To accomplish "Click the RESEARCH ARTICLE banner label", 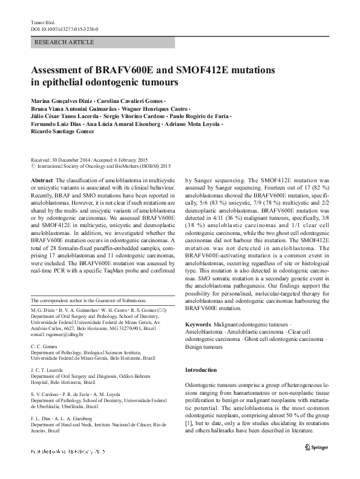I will pyautogui.click(x=65, y=42).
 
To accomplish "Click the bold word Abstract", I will pyautogui.click(x=41, y=181).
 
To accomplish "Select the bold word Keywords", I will pyautogui.click(x=198, y=324).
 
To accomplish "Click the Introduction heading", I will pyautogui.click(x=200, y=370).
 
